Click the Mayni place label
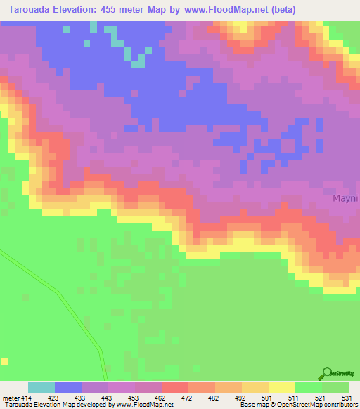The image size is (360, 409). coord(346,199)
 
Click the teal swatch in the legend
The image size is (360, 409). coord(41,387)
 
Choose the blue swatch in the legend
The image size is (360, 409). coord(68,387)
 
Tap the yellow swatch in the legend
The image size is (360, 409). coord(282,387)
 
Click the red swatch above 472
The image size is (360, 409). coord(175,387)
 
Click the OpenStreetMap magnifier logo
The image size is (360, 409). coord(326,374)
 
